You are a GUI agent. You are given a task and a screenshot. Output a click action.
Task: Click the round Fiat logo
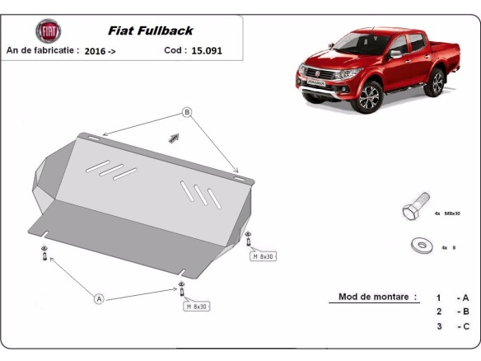pos(48,32)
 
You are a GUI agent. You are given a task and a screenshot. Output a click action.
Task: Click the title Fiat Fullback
pos(154,30)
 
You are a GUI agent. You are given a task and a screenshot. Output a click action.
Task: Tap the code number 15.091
pos(206,50)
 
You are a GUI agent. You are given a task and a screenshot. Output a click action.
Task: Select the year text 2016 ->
pos(100,50)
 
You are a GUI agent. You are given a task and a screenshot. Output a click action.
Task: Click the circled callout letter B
pos(187,112)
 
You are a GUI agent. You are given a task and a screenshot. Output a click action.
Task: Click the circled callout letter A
pos(99,298)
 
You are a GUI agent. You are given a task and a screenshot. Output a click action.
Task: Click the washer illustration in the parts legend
pos(421,246)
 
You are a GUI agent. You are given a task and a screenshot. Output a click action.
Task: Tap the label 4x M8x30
pos(448,213)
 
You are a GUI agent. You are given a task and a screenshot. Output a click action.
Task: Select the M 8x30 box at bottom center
pos(197,307)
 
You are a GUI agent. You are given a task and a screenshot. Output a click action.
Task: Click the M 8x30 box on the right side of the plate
pos(263,256)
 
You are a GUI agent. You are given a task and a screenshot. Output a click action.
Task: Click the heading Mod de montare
pos(377,297)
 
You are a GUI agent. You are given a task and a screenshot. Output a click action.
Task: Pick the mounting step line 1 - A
pos(452,298)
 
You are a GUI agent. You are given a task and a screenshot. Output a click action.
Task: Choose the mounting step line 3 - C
pos(452,327)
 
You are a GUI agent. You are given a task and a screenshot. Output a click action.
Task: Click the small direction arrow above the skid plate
pos(174,137)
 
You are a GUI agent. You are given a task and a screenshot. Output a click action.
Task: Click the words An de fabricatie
pos(42,50)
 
